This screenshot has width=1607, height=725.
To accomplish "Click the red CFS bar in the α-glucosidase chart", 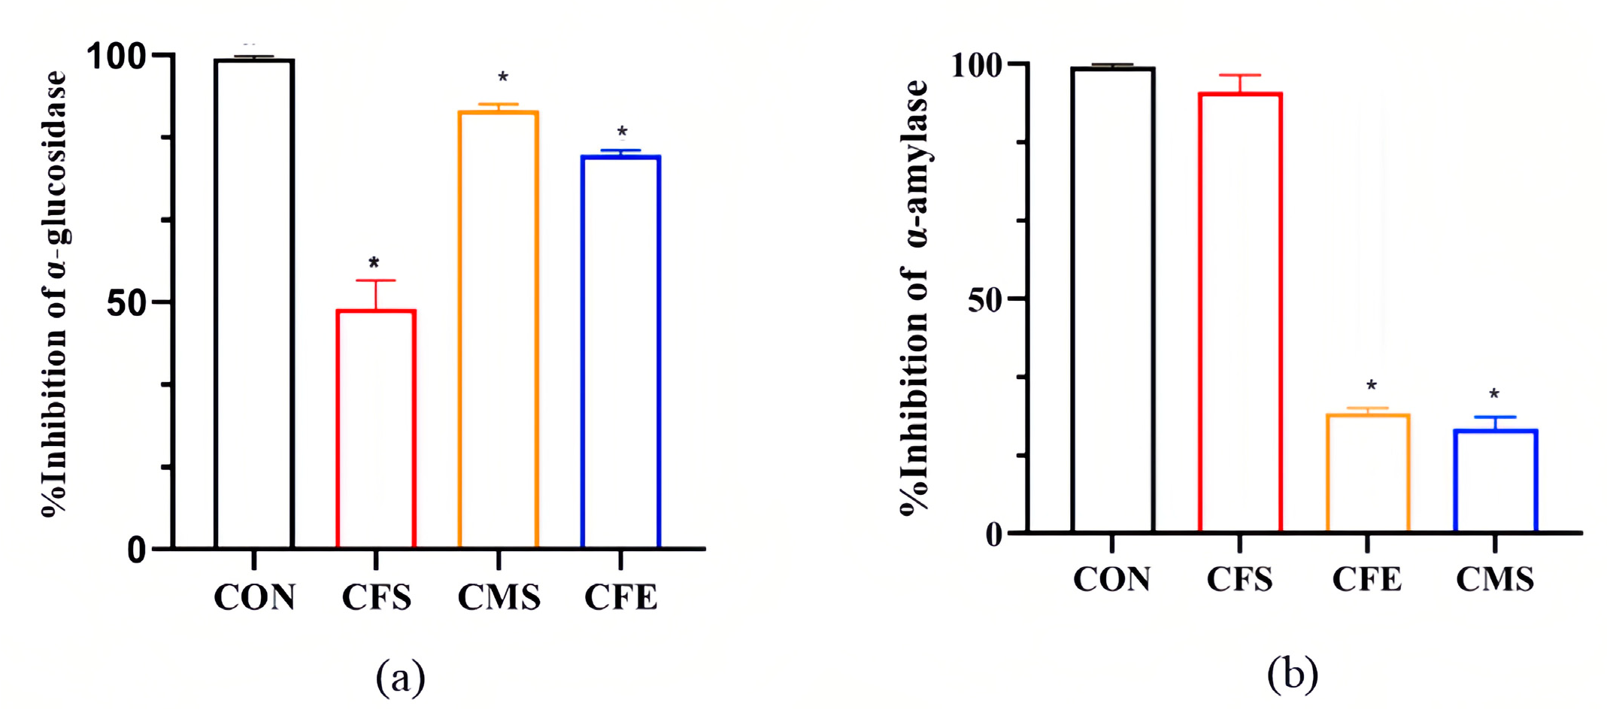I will pos(376,429).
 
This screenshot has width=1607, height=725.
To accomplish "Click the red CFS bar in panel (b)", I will pos(1240,312).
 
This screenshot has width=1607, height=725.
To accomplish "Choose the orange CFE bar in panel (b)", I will pos(1367,473).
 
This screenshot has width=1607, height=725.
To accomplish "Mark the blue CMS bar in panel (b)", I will pos(1495,481).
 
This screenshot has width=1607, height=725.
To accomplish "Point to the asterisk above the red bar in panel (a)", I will pos(374,263).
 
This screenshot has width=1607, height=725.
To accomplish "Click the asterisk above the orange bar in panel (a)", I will pos(503,77).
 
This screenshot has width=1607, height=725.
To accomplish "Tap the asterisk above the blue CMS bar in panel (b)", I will pos(1494,394).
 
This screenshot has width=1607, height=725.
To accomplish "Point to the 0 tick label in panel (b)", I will pos(994,535).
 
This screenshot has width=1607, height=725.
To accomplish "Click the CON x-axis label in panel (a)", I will pos(254,598).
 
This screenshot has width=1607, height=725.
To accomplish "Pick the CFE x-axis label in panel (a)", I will pos(620,598).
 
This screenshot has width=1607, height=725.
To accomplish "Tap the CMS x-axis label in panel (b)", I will pos(1495,579).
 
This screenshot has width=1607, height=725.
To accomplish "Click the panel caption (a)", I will pos(400,676).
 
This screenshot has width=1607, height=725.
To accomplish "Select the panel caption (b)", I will pos(1292,673).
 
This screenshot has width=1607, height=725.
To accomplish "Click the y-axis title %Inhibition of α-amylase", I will pos(915,297).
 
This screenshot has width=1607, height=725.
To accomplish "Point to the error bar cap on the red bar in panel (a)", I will pos(376,281).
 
